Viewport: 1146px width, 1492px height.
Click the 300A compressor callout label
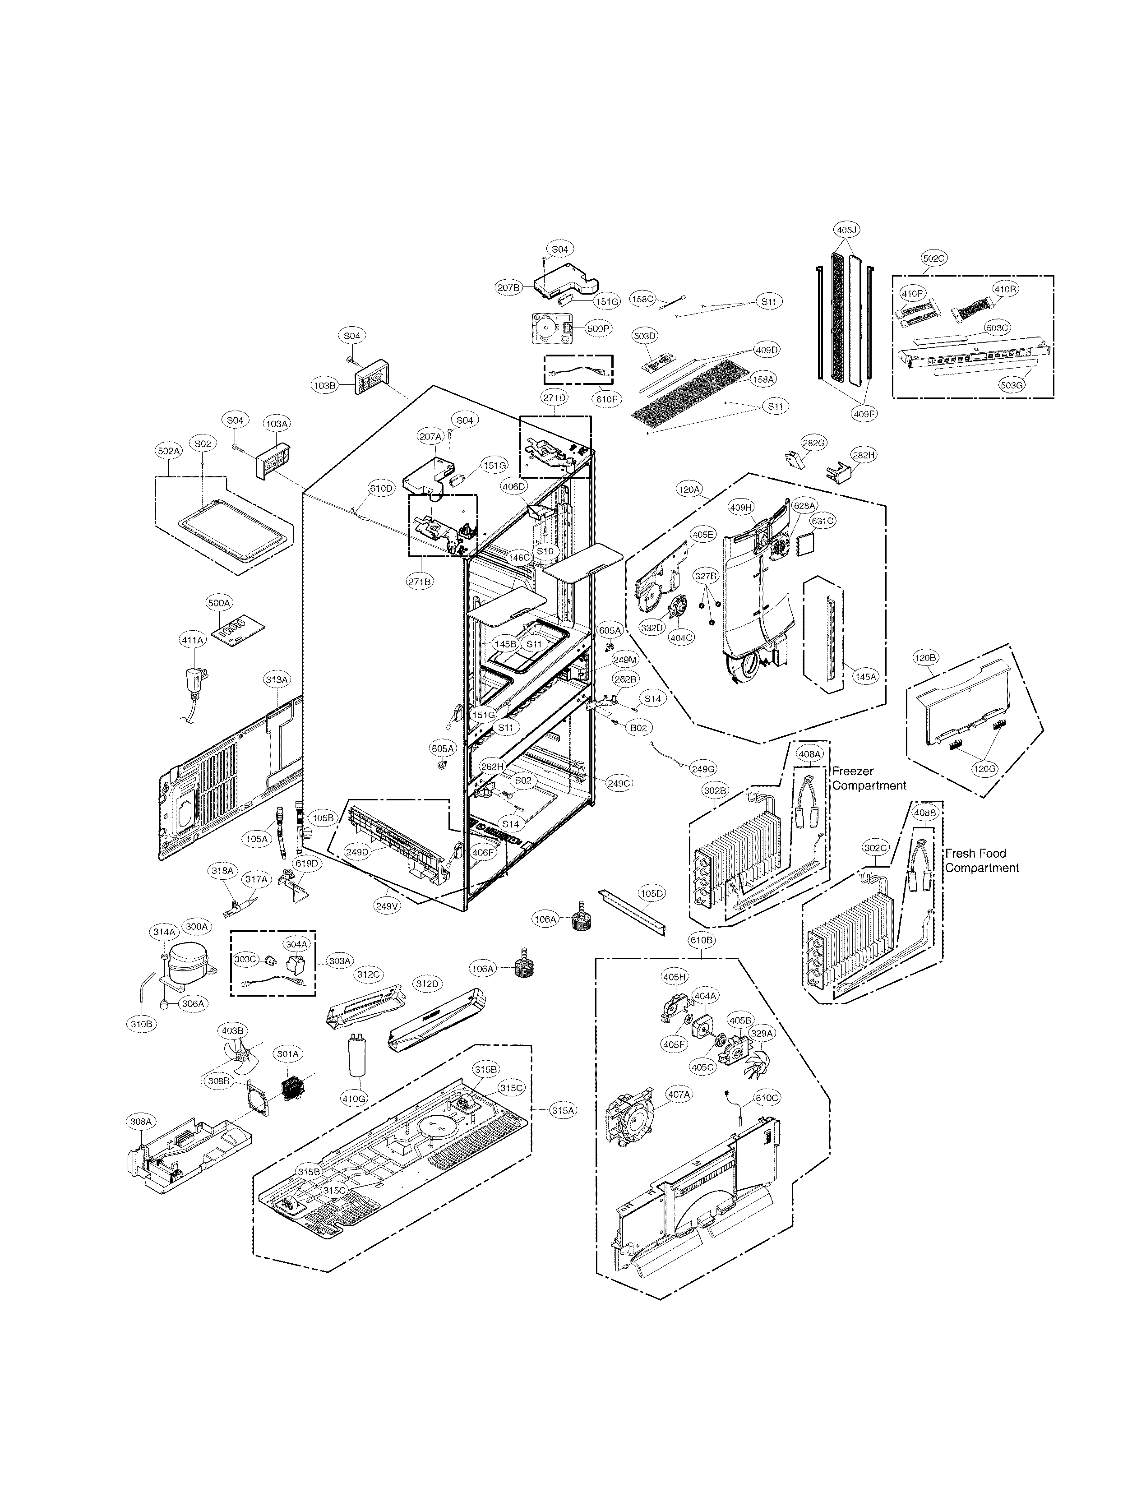pyautogui.click(x=197, y=926)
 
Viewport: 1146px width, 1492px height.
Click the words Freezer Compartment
pyautogui.click(x=869, y=778)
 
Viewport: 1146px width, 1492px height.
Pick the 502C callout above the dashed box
pyautogui.click(x=934, y=259)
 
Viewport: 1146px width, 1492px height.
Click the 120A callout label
pyautogui.click(x=689, y=489)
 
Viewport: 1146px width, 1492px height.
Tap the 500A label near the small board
pyautogui.click(x=219, y=603)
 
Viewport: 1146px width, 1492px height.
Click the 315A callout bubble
pyautogui.click(x=564, y=1111)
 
